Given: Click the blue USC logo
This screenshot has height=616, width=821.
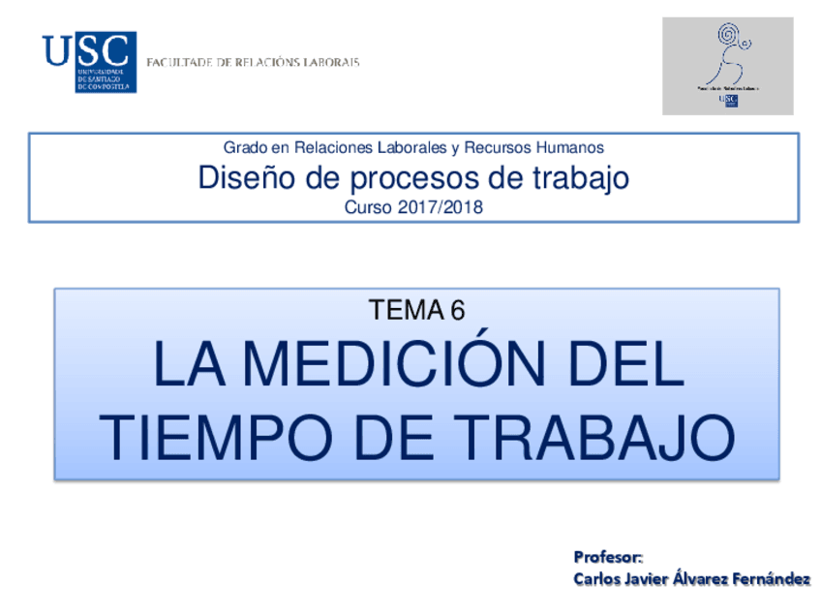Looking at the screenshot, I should pos(88,61).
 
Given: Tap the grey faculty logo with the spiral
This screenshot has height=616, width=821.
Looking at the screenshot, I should pos(727,66).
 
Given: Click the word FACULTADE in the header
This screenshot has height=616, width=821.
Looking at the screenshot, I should pos(179,62).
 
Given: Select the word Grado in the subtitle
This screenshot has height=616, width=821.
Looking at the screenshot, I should pos(243,147).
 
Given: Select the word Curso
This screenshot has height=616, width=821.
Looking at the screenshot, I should pos(368,207).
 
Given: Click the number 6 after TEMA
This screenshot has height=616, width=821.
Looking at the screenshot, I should pos(457,310).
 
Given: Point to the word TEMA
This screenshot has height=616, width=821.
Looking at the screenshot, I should pos(405,310).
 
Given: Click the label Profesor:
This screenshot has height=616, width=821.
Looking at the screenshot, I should pos(608,557).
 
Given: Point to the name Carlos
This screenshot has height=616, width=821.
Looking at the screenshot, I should pos(598,579).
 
